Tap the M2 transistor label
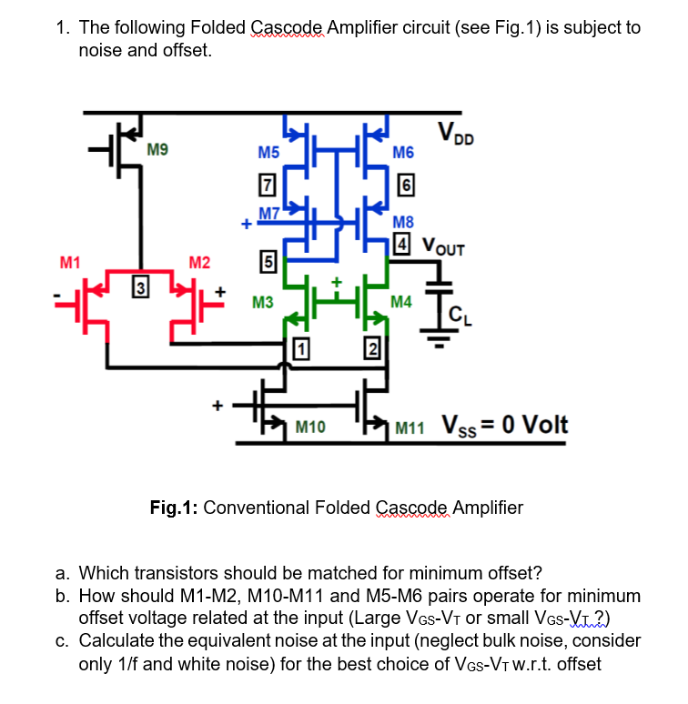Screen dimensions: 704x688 199,264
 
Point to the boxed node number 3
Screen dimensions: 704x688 141,289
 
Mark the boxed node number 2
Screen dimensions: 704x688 370,346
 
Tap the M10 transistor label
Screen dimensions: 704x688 312,426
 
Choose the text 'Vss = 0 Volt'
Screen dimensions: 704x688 504,424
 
